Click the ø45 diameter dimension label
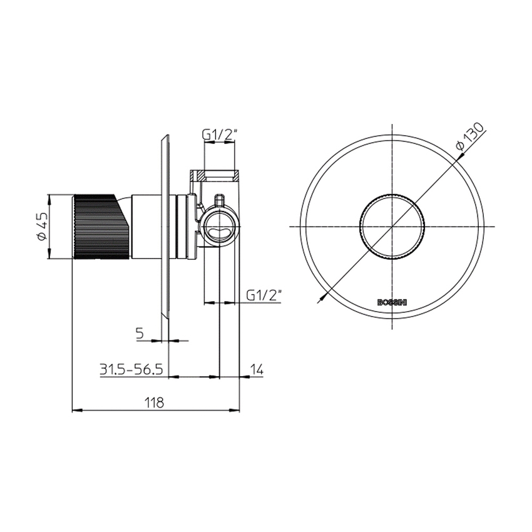[41, 227]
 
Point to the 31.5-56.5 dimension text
[131, 369]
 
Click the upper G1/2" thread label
[219, 135]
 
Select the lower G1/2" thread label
[265, 294]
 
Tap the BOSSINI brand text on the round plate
[392, 302]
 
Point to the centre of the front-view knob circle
[392, 226]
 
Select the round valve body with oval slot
[219, 227]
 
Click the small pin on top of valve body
[219, 200]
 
